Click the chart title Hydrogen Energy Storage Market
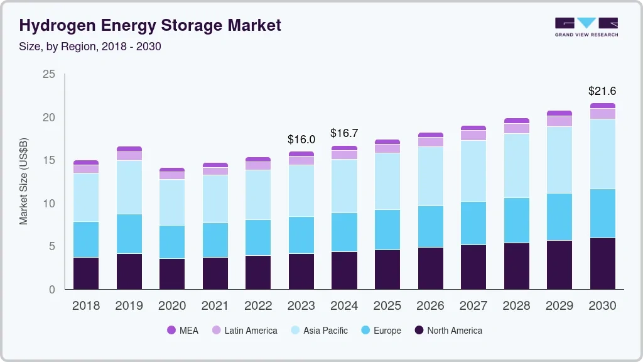[x=150, y=25]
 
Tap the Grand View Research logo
[x=586, y=27]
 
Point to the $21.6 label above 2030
[x=602, y=91]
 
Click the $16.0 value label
[x=301, y=139]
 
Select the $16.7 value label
[x=344, y=133]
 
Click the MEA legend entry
[x=183, y=331]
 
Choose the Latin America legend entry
[x=244, y=331]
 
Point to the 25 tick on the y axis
[x=49, y=75]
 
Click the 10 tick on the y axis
[x=49, y=204]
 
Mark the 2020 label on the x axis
[x=172, y=306]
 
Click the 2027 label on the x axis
[x=473, y=306]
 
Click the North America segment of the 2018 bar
[x=86, y=273]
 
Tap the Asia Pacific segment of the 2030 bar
[x=603, y=154]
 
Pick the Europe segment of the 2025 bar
[x=387, y=229]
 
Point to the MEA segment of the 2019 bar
[x=129, y=149]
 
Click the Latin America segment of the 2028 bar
[x=517, y=128]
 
